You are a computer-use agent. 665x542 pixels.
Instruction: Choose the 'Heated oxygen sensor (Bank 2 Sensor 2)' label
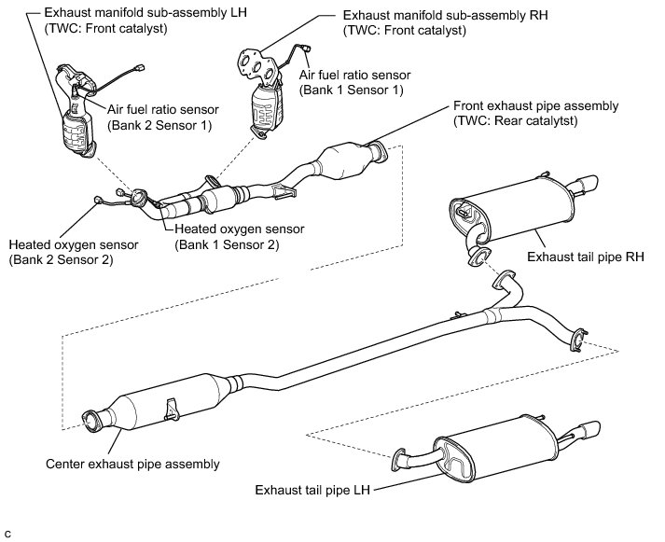pos(74,252)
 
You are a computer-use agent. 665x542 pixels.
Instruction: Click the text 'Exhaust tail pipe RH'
pos(585,255)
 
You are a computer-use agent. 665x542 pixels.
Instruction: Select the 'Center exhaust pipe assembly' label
pos(132,463)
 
